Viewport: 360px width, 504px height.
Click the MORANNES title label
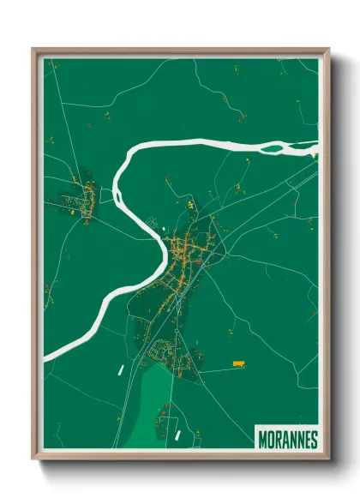point(287,439)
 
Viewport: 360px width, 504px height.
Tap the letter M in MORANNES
point(262,439)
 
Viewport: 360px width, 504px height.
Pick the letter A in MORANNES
point(285,439)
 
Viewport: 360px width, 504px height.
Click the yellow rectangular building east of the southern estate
point(239,363)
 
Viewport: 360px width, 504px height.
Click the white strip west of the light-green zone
point(121,370)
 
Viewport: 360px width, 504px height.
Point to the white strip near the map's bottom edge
point(177,435)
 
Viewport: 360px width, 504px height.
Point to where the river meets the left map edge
point(46,355)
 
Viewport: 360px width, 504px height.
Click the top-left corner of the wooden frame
point(33,49)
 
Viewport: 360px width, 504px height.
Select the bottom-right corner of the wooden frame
point(328,460)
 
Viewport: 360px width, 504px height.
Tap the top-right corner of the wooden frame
point(328,49)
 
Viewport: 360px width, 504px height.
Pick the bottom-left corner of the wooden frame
point(33,460)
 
